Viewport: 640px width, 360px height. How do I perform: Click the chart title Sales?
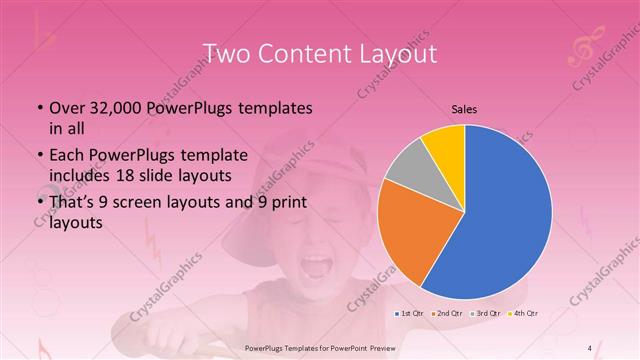(464, 109)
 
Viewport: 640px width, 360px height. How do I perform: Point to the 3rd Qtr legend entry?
(486, 315)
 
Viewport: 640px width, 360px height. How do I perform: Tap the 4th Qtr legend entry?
(524, 315)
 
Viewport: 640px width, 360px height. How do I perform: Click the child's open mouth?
(318, 266)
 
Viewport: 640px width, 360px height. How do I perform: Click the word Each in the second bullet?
(67, 156)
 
